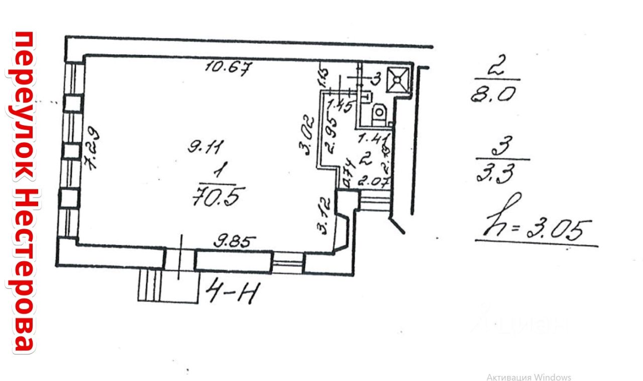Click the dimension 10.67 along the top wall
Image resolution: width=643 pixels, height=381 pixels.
[229, 67]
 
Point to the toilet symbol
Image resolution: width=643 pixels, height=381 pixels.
[379, 113]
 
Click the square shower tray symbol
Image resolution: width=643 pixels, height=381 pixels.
[398, 79]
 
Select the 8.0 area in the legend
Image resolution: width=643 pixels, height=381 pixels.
[494, 94]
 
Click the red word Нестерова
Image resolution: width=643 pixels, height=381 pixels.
[23, 271]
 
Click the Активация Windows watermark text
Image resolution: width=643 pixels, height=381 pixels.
[528, 377]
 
